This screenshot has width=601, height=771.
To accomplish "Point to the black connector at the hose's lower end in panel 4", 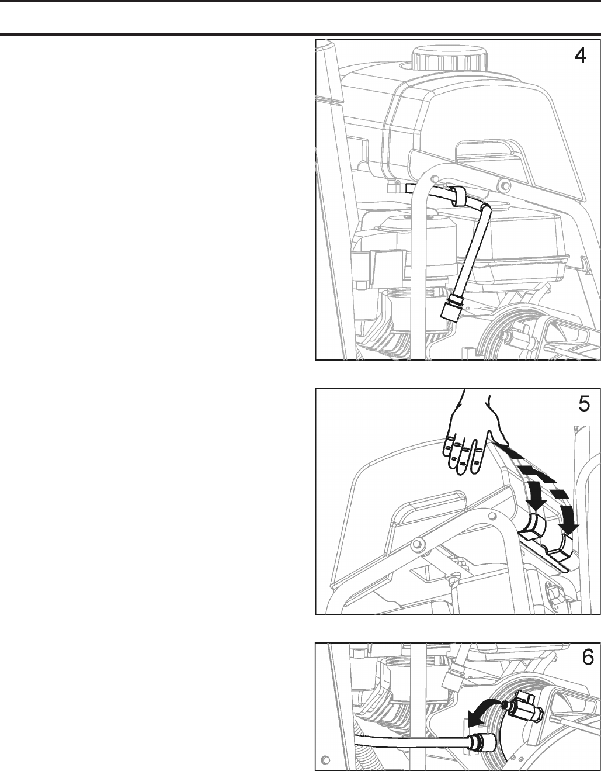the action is click(452, 308).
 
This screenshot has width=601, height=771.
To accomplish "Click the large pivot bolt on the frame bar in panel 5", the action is click(416, 544).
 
